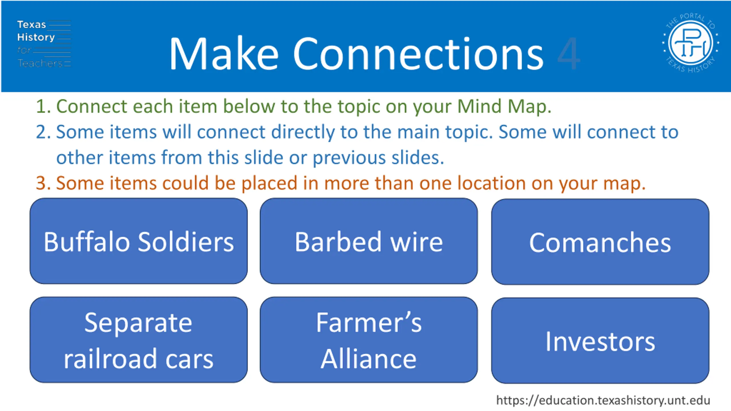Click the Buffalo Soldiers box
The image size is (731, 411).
coord(138,241)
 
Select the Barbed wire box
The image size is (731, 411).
coord(369,241)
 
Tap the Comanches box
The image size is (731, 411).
coord(600,242)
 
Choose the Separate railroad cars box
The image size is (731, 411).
coord(138,340)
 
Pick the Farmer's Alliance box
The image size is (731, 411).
coord(369,340)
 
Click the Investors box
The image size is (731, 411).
coord(600,341)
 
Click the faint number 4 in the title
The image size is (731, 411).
coord(569,54)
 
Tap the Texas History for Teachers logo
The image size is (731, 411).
coord(44,44)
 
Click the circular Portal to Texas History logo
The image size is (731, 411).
coord(690,43)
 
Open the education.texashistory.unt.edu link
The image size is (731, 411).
coord(603,400)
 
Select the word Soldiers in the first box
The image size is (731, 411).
coord(186,242)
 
